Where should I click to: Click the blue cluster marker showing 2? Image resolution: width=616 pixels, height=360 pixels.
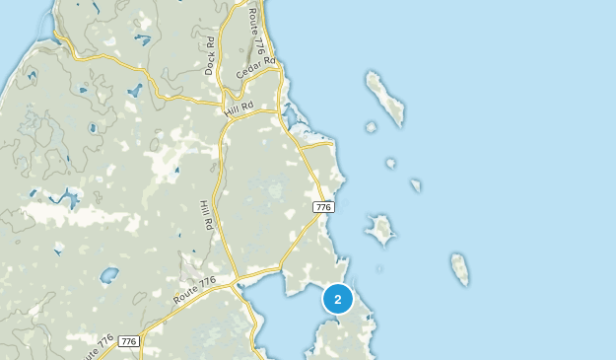337,298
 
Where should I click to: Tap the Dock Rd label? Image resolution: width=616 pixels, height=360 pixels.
210,56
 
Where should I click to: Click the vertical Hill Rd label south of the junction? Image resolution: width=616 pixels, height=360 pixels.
207,215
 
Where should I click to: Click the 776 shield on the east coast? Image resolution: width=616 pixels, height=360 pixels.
322,207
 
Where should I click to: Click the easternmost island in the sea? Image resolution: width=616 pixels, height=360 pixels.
459,268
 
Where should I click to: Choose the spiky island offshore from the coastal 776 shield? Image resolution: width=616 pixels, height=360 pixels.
380,230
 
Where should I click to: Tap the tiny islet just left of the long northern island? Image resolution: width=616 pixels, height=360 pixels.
371,126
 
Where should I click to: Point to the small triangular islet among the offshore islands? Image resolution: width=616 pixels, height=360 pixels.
416,184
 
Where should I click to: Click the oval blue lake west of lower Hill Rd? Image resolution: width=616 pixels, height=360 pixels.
108,275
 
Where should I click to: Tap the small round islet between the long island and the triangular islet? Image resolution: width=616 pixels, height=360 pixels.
390,163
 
